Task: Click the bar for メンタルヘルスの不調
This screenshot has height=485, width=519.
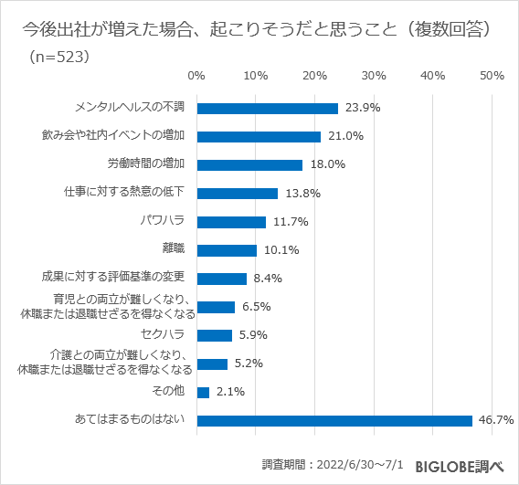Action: coord(267,108)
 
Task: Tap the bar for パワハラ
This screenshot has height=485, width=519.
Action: coord(231,222)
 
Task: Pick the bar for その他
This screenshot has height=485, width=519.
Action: coord(203,392)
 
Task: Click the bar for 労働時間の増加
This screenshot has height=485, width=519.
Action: coord(249,165)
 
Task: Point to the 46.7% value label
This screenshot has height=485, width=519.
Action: coord(495,420)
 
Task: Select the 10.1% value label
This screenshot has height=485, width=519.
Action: coord(280,250)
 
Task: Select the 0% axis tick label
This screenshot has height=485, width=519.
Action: coord(196,75)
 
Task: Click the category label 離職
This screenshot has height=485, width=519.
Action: coord(174,249)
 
